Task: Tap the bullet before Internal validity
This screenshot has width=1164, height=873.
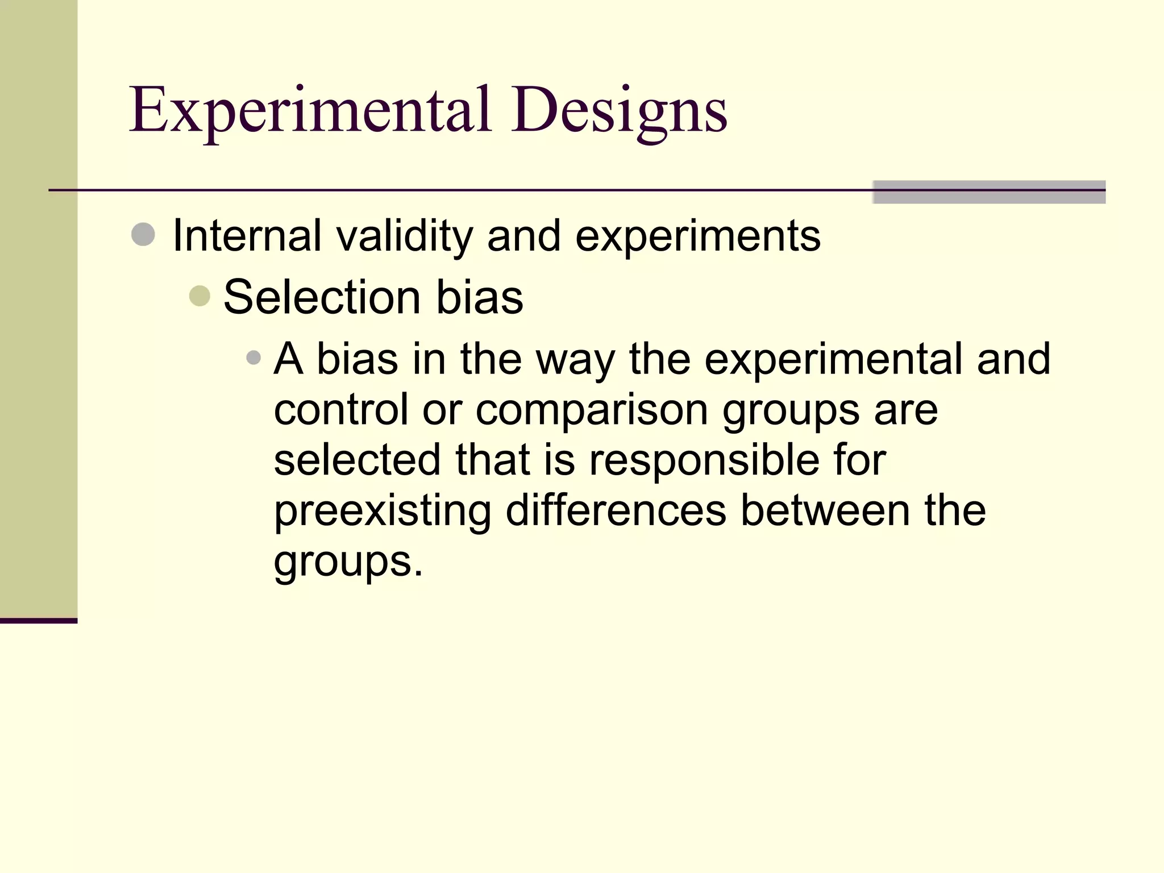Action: coord(143,234)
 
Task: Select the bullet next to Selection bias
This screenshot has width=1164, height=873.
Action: coord(199,296)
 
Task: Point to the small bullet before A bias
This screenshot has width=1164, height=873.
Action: coord(253,357)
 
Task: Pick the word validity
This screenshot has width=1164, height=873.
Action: coord(404,235)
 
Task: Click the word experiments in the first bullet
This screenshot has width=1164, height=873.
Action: coord(697,235)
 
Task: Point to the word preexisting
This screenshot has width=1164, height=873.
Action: coord(382,510)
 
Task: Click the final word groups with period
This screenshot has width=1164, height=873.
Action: coord(348,561)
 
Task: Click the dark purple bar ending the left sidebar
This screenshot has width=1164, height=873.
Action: coord(38,620)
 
